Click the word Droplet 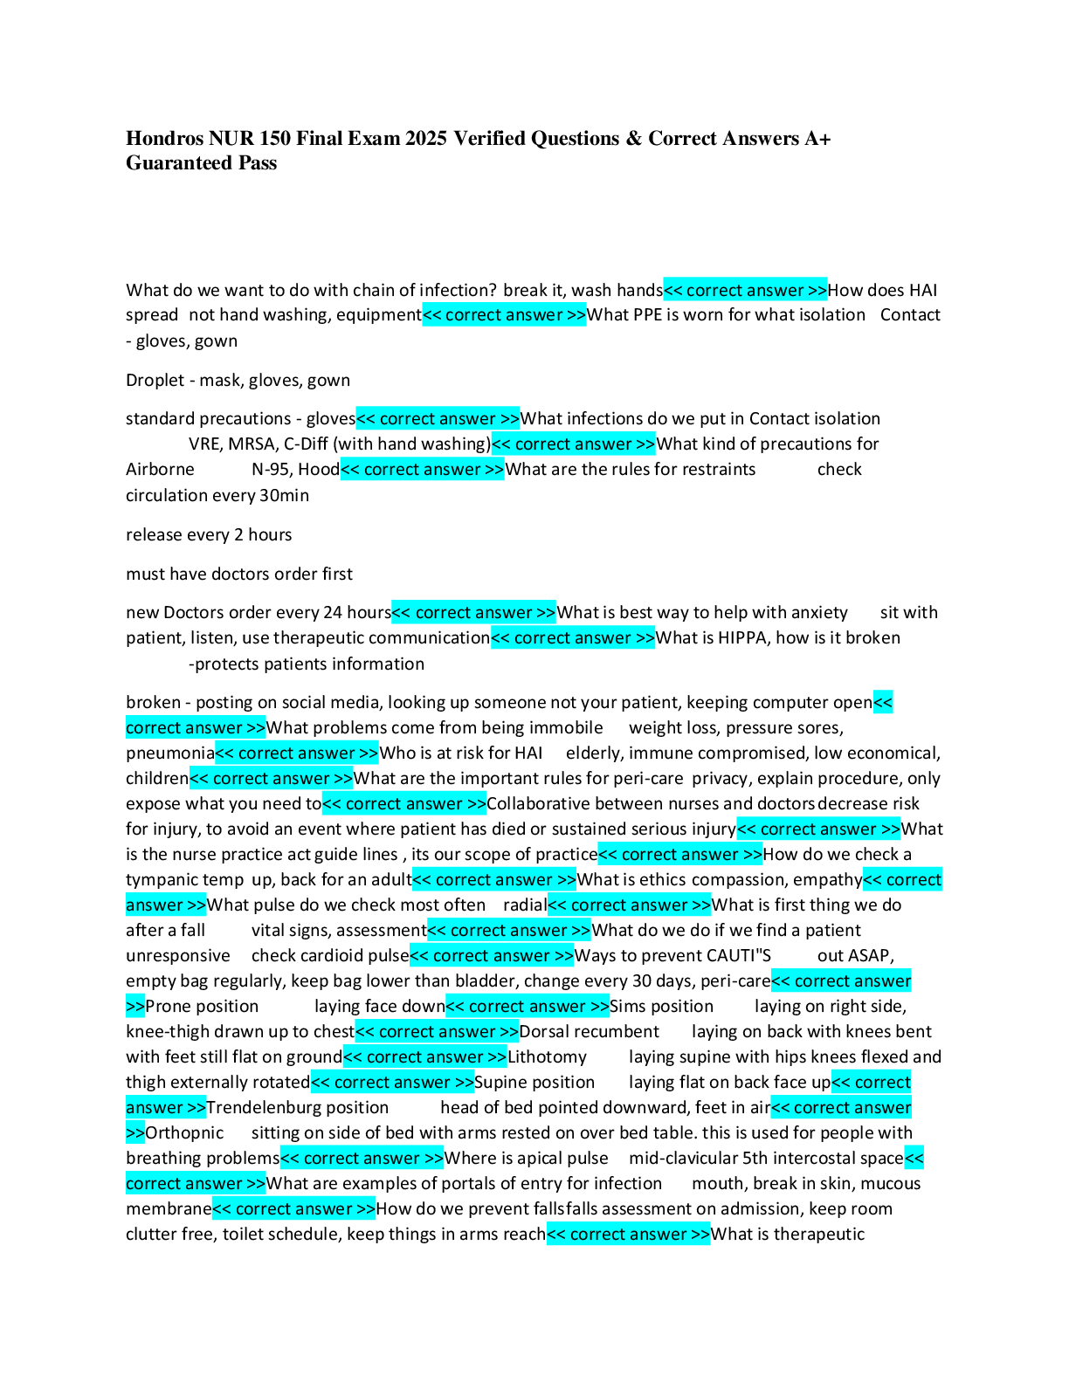tap(155, 381)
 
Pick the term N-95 tap(271, 470)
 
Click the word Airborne tap(160, 470)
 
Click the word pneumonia tap(169, 753)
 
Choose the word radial tap(524, 905)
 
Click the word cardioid tap(328, 956)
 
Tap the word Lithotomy tap(547, 1057)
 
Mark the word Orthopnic tap(184, 1133)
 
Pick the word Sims tap(627, 1007)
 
